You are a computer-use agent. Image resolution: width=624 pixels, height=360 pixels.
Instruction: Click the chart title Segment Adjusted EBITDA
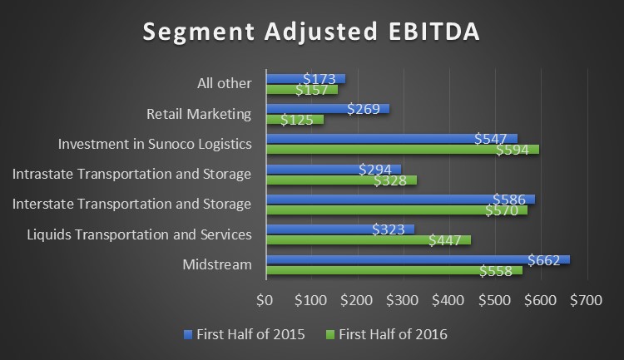[311, 32]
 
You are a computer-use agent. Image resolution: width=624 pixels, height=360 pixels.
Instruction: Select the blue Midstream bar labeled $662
[416, 259]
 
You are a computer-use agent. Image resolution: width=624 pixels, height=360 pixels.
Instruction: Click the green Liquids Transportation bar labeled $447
[367, 239]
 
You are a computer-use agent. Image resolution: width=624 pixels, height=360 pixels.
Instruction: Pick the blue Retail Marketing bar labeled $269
[327, 109]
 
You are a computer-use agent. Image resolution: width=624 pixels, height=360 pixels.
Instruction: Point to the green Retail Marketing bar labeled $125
[294, 120]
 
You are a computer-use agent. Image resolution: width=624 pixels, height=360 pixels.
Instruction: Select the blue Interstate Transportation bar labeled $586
[399, 199]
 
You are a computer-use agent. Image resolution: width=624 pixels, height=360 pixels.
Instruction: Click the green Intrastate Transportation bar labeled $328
[340, 180]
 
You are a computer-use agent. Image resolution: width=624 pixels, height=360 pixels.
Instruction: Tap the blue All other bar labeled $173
[305, 79]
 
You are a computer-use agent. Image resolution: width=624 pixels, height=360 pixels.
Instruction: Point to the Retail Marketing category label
[199, 114]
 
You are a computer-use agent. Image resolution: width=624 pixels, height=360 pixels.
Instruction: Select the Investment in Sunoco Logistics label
[155, 144]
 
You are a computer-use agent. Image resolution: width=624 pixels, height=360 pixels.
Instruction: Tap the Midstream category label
[217, 264]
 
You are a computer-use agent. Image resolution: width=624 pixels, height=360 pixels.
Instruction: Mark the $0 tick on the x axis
[265, 299]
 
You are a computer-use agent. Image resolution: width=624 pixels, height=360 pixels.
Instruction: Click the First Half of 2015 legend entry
[249, 334]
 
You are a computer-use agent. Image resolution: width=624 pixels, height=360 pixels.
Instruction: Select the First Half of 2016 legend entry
[392, 334]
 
